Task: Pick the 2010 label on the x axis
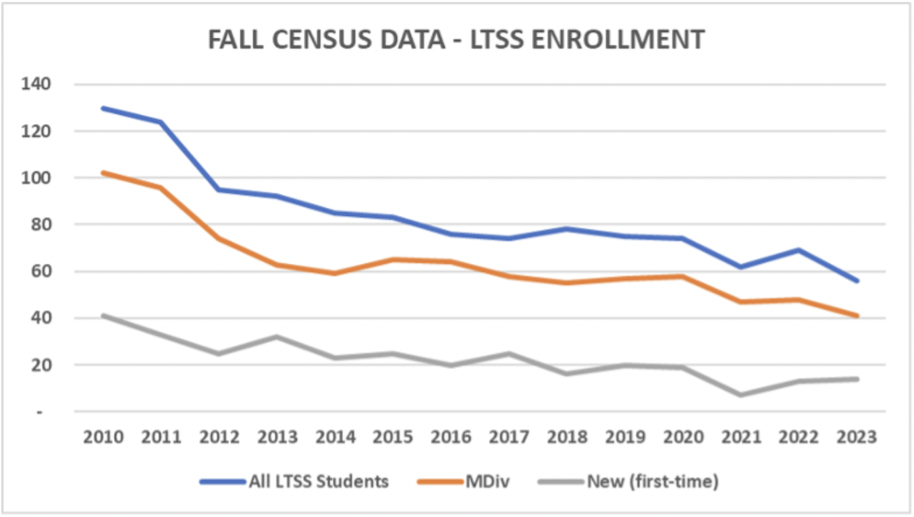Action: [x=103, y=437]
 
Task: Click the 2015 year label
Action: [x=393, y=437]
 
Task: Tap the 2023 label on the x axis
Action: [x=857, y=437]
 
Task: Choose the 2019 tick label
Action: [x=625, y=437]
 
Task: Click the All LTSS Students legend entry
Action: [x=294, y=482]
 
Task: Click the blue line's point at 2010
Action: [x=103, y=108]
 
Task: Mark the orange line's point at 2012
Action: [x=219, y=238]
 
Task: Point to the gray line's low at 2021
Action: [x=741, y=395]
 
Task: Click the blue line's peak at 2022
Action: [x=799, y=250]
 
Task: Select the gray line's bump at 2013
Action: [x=277, y=337]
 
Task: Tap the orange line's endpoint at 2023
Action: [x=857, y=316]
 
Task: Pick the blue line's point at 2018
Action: [x=567, y=229]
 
